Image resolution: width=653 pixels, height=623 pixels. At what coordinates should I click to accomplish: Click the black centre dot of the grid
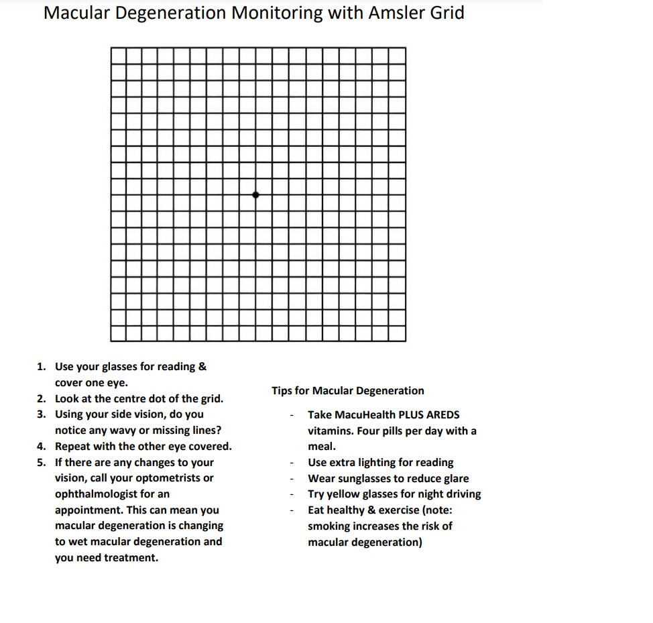[255, 194]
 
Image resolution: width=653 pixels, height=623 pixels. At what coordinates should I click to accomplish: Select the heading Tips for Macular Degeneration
[347, 390]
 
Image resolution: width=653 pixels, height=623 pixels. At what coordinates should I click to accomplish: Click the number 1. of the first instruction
[42, 366]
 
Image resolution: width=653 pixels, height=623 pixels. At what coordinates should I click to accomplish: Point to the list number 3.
[42, 414]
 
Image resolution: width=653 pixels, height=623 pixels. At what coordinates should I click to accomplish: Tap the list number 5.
[42, 462]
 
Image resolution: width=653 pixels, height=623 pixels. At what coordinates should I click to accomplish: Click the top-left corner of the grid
[111, 48]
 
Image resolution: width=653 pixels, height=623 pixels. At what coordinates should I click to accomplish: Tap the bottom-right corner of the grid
[406, 341]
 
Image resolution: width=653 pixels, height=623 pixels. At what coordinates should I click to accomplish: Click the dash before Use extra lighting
[292, 463]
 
